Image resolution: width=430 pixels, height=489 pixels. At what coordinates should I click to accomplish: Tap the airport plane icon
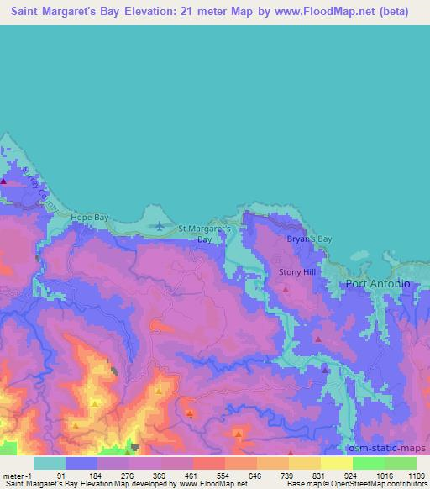point(160,225)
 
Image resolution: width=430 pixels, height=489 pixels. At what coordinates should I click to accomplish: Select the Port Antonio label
point(378,284)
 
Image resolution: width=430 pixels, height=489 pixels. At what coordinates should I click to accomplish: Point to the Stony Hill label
point(296,273)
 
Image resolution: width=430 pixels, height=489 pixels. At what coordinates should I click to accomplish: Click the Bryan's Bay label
point(310,239)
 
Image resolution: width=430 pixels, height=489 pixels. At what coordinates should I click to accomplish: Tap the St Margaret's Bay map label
point(205,233)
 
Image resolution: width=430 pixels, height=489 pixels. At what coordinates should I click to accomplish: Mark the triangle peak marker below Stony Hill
point(286,290)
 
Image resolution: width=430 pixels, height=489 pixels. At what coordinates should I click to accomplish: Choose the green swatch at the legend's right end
point(400,463)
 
